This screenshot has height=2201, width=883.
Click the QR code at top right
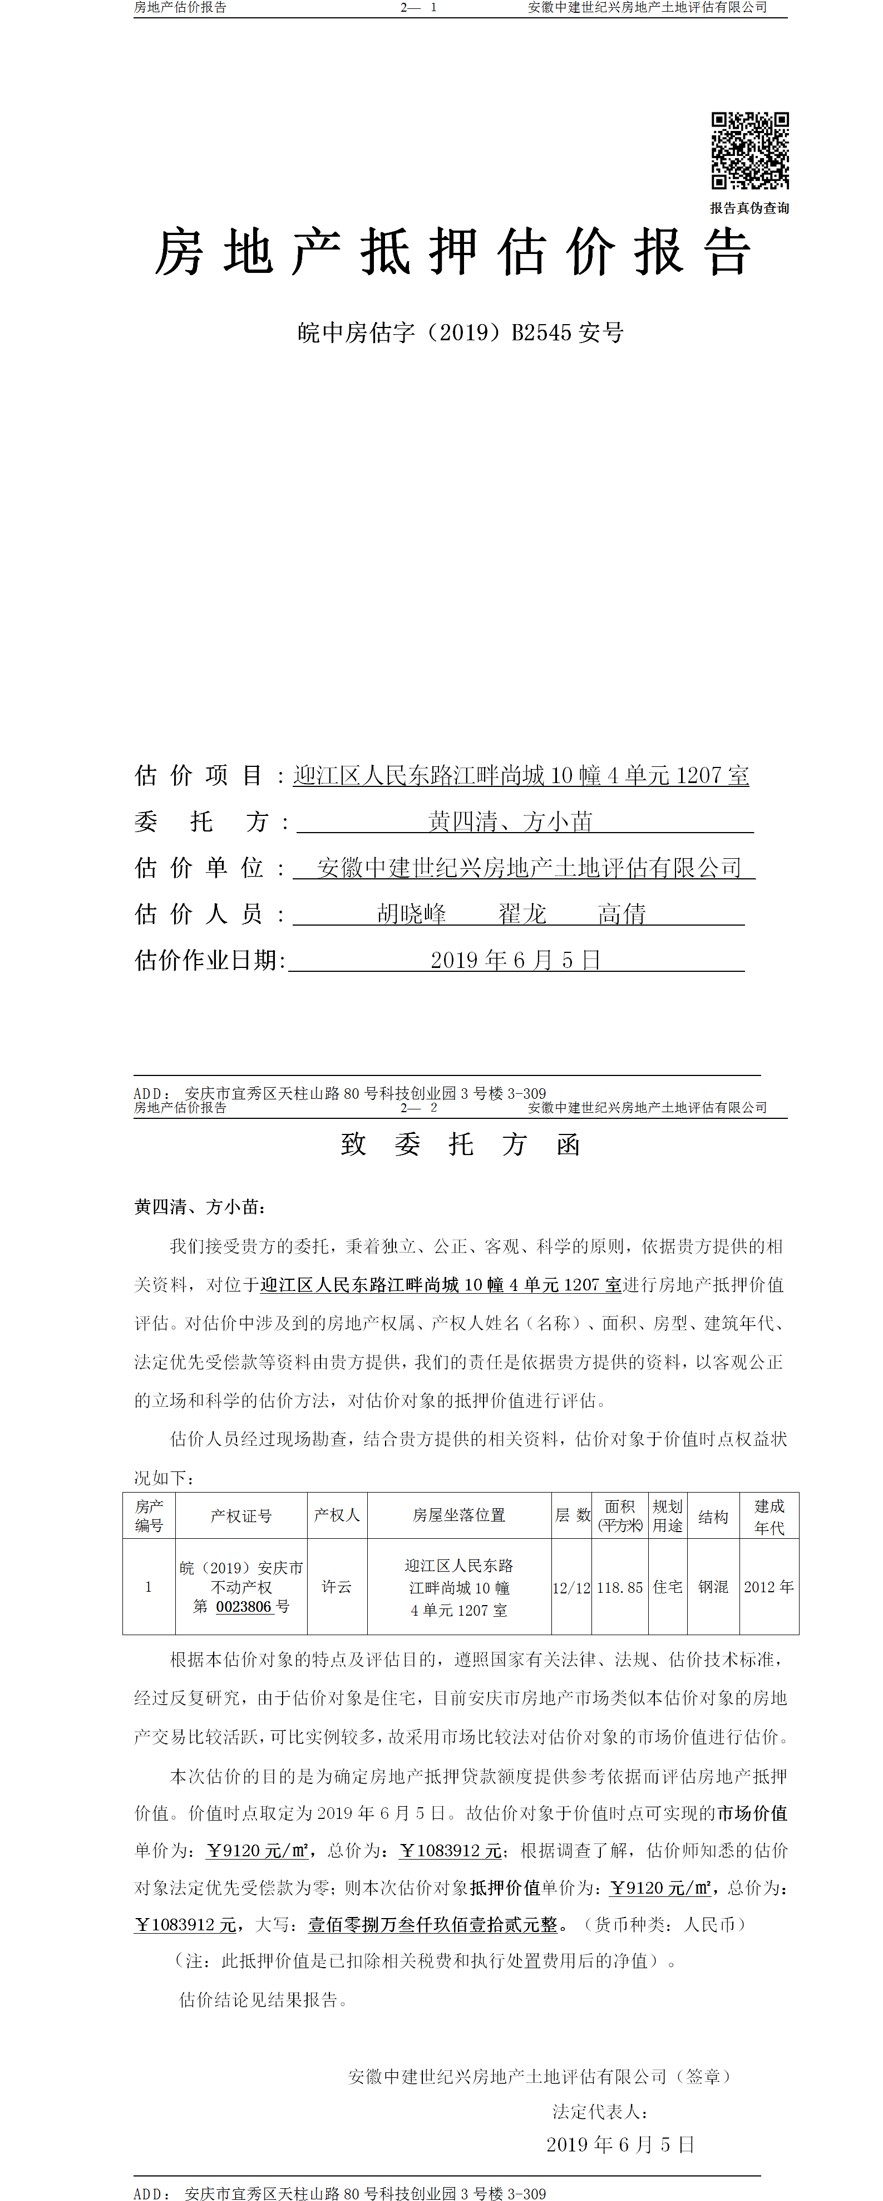point(750,150)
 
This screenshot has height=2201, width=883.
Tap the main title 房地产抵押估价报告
point(452,252)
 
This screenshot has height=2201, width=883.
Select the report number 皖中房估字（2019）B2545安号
point(460,332)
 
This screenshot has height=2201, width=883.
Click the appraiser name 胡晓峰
point(412,914)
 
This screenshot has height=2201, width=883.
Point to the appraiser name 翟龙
point(522,914)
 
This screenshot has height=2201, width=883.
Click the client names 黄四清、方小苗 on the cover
point(510,822)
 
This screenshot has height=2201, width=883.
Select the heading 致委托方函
point(460,1144)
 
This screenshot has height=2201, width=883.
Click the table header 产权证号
point(241,1516)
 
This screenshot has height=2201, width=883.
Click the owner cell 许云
point(337,1587)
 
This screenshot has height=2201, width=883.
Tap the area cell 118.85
point(619,1587)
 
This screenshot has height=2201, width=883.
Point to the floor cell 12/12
point(571,1587)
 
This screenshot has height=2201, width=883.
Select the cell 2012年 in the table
point(768,1587)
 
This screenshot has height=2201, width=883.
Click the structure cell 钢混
point(713,1587)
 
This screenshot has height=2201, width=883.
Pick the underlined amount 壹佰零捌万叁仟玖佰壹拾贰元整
point(432,1924)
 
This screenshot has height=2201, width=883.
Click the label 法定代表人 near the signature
point(599,2111)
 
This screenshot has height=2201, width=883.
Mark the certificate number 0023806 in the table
point(243,1606)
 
